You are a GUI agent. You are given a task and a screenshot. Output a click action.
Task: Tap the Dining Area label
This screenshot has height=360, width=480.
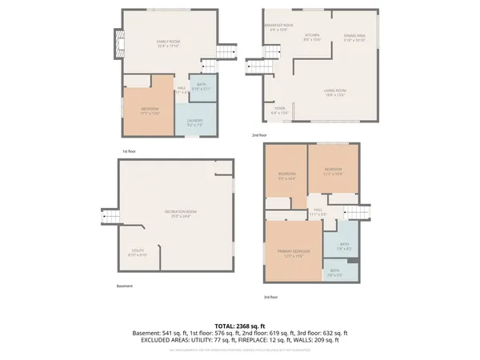(354, 37)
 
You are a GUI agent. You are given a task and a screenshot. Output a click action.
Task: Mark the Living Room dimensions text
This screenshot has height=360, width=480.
(334, 94)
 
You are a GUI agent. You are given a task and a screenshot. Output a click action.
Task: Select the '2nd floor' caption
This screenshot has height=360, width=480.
(259, 136)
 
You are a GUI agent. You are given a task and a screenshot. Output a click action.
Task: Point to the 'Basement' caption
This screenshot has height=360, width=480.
(125, 286)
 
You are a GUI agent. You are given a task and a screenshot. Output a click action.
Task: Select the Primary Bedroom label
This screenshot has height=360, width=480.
(293, 253)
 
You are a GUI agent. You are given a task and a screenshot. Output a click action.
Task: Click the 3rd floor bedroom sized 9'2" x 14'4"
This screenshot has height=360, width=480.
(286, 176)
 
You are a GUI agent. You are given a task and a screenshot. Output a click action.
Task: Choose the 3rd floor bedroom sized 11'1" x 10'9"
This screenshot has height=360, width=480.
(333, 170)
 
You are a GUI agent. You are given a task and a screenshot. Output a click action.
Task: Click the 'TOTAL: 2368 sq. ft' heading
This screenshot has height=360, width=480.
(240, 326)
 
